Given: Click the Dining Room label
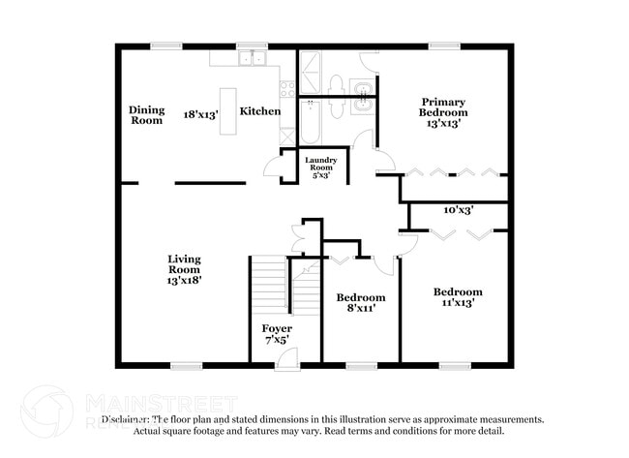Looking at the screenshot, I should pyautogui.click(x=146, y=114).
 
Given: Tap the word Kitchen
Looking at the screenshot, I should pyautogui.click(x=260, y=111).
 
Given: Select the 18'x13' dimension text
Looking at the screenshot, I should pyautogui.click(x=201, y=114).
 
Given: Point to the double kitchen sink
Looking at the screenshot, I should pyautogui.click(x=253, y=58).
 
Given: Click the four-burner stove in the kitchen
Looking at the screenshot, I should pyautogui.click(x=287, y=89).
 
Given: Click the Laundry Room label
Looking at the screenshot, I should pyautogui.click(x=320, y=165).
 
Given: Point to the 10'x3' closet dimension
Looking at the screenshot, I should pyautogui.click(x=458, y=209).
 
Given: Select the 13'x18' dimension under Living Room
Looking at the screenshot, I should pyautogui.click(x=183, y=279).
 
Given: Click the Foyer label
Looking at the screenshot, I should pyautogui.click(x=277, y=329).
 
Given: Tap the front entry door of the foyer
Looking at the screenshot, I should pyautogui.click(x=286, y=358).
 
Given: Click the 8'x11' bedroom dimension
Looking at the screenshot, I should pyautogui.click(x=360, y=308).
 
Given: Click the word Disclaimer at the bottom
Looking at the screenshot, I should pyautogui.click(x=125, y=419).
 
